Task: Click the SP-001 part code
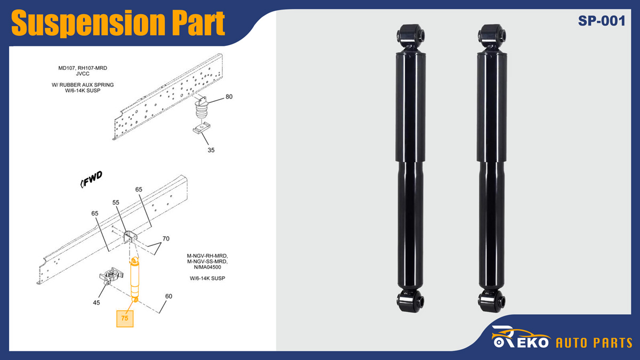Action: click(602, 21)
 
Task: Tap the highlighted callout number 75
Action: click(125, 318)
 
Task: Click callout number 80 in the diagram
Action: click(229, 97)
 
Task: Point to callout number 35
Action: click(211, 150)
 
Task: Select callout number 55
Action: click(116, 203)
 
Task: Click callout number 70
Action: click(166, 238)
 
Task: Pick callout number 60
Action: click(169, 297)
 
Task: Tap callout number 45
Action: click(97, 302)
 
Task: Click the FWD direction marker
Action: click(91, 179)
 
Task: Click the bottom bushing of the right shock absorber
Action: click(491, 301)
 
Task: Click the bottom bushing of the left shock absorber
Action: click(411, 301)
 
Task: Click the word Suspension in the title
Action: click(87, 23)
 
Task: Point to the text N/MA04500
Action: click(207, 267)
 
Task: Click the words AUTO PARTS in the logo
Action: click(594, 343)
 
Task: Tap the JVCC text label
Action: click(83, 74)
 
